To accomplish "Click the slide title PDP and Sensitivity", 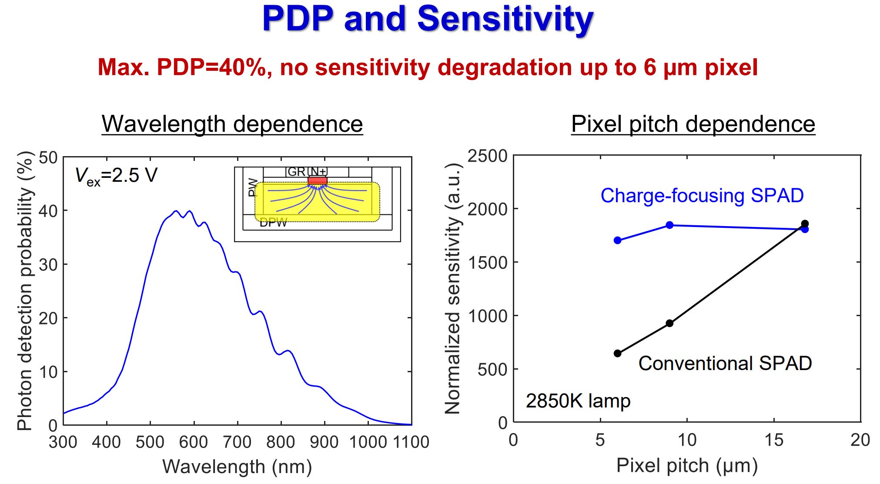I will pyautogui.click(x=427, y=19).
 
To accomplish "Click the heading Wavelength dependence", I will pyautogui.click(x=232, y=124).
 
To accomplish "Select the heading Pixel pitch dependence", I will pyautogui.click(x=693, y=124).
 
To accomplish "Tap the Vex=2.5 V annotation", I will pyautogui.click(x=116, y=176).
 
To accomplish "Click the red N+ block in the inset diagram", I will pyautogui.click(x=317, y=180).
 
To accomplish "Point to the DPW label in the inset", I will pyautogui.click(x=273, y=223).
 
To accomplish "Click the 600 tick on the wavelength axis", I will pyautogui.click(x=194, y=442).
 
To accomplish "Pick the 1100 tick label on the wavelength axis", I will pyautogui.click(x=411, y=442).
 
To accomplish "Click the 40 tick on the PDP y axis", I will pyautogui.click(x=48, y=211).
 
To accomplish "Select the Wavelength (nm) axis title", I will pyautogui.click(x=237, y=467).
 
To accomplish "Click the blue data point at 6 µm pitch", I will pyautogui.click(x=617, y=240).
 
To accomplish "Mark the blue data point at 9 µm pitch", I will pyautogui.click(x=669, y=225).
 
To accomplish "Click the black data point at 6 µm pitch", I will pyautogui.click(x=617, y=353).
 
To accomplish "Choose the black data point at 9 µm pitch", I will pyautogui.click(x=669, y=323).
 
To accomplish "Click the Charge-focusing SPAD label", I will pyautogui.click(x=702, y=196).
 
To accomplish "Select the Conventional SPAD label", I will pyautogui.click(x=725, y=363).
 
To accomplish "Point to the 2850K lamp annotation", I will pyautogui.click(x=578, y=401).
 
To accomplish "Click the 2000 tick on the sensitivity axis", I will pyautogui.click(x=487, y=209).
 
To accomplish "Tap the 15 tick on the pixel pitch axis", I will pyautogui.click(x=773, y=440).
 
